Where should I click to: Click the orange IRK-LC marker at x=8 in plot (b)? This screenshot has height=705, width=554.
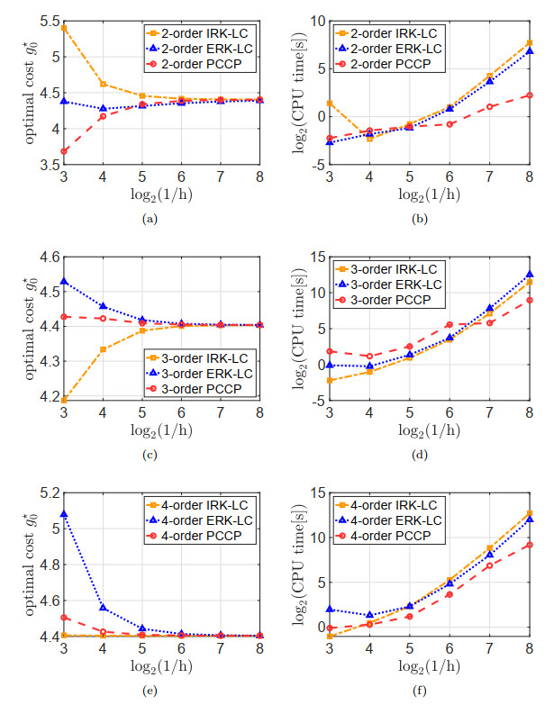(x=530, y=42)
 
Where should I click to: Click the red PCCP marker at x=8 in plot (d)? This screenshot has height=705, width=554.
(x=530, y=300)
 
